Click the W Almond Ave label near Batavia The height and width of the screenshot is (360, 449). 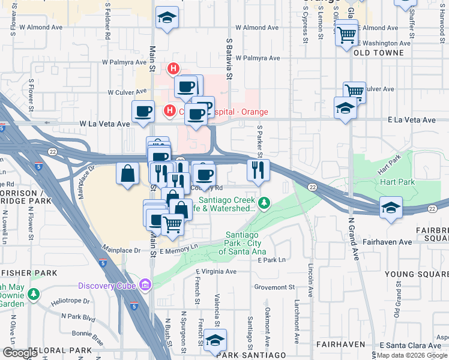click(258, 28)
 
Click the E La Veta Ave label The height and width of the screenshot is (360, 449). click(412, 120)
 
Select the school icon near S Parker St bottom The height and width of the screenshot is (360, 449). click(215, 340)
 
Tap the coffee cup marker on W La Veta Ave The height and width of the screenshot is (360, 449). click(143, 112)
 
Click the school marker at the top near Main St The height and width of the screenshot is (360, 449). click(167, 18)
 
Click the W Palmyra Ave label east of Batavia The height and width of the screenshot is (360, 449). click(258, 58)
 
